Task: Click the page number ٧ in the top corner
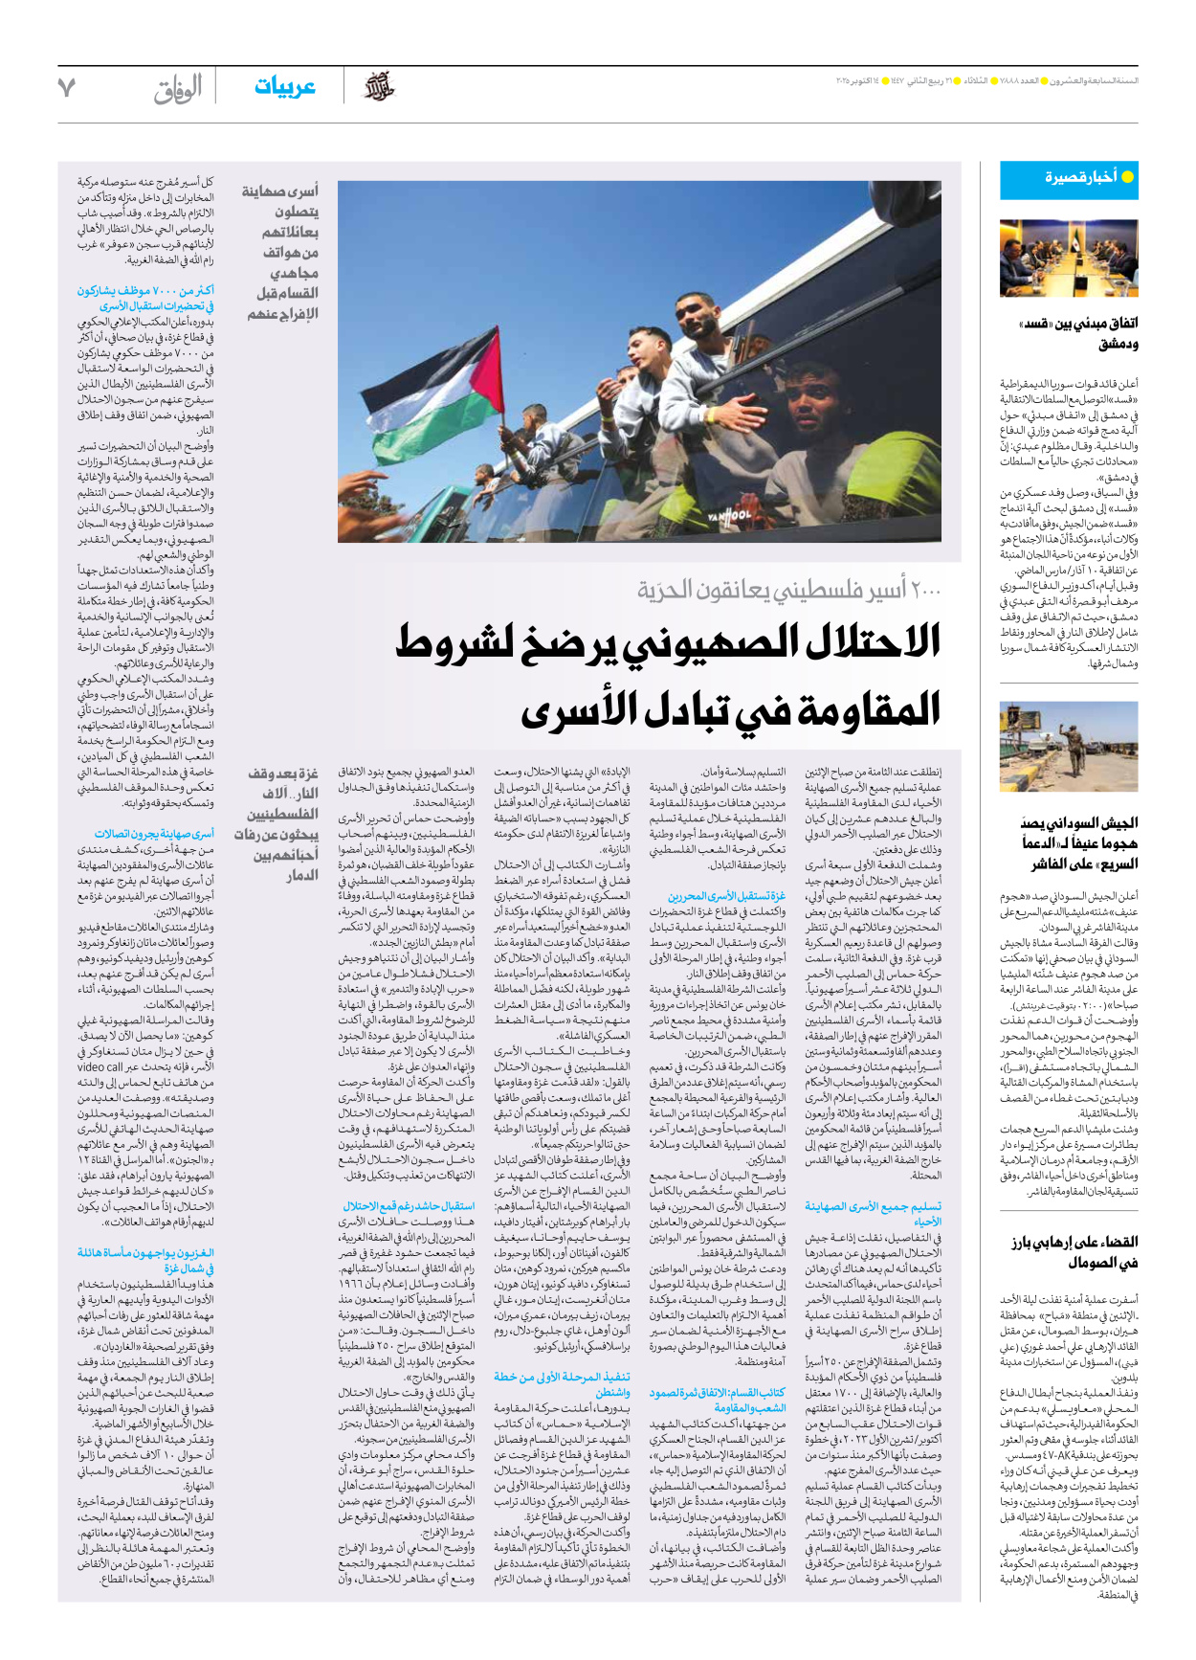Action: (x=66, y=87)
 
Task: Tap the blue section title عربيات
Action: (x=285, y=87)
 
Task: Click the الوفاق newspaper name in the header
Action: (x=178, y=89)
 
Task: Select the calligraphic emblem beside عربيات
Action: (x=379, y=87)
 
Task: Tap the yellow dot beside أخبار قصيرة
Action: (x=1127, y=177)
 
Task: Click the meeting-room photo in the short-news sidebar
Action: (x=1069, y=259)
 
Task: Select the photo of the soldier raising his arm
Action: (x=1069, y=747)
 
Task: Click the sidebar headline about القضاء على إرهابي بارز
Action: (x=1074, y=1251)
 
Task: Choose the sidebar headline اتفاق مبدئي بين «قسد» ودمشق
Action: (x=1077, y=333)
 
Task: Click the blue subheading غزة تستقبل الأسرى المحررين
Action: (x=726, y=896)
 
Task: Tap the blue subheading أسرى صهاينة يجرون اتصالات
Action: (x=154, y=834)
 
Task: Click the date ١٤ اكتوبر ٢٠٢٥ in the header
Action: (x=862, y=80)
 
